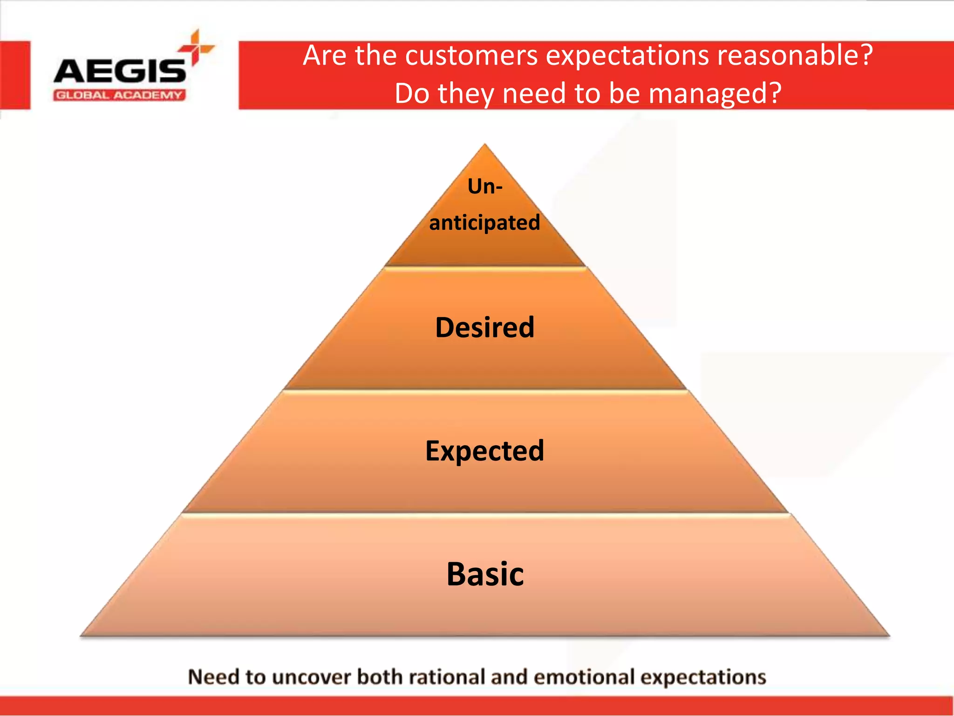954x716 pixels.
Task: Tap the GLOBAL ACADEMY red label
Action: point(119,96)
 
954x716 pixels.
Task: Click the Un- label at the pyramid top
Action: point(485,186)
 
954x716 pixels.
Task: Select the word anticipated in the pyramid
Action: point(484,223)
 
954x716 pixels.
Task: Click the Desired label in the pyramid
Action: point(484,327)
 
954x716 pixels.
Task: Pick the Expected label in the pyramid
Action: point(484,451)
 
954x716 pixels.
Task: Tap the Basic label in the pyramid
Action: point(485,574)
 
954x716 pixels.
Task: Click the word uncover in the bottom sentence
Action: point(311,677)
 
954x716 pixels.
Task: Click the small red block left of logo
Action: point(15,75)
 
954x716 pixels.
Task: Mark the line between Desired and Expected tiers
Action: point(484,391)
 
